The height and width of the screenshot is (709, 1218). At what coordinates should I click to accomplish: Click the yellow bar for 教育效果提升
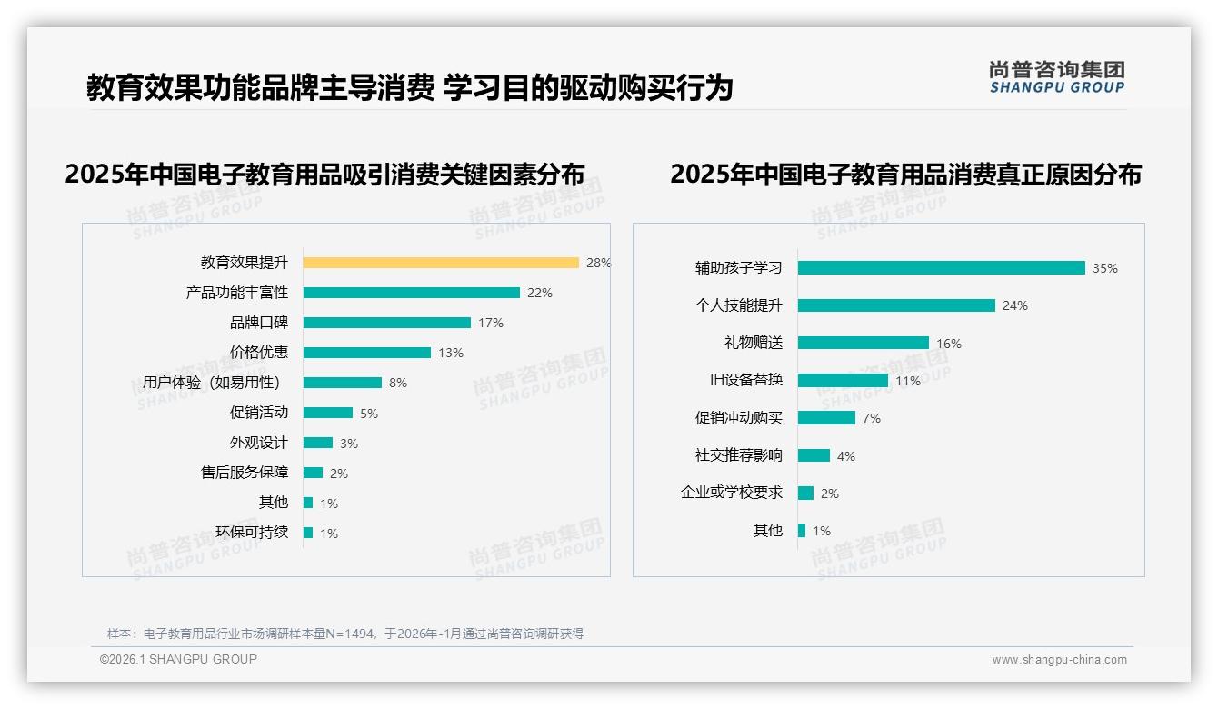(441, 263)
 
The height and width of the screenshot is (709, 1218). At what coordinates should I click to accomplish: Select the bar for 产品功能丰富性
(411, 293)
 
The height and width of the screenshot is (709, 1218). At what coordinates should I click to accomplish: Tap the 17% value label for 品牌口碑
(490, 323)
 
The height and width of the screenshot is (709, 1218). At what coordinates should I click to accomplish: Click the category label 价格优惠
(258, 353)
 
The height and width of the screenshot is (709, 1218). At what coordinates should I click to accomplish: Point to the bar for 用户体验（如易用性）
(342, 383)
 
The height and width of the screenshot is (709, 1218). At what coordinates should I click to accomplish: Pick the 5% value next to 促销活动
(368, 414)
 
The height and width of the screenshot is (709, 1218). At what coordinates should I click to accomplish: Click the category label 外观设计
(258, 443)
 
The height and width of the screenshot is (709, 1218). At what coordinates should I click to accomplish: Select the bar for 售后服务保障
(313, 473)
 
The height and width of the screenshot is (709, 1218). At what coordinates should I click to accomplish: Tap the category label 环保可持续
(251, 533)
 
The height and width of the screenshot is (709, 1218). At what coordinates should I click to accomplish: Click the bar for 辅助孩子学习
(941, 268)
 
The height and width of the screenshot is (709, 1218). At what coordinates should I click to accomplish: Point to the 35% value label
(1104, 269)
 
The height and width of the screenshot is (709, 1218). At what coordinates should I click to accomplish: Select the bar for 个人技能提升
(896, 305)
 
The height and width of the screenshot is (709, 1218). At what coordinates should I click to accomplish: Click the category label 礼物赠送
(753, 343)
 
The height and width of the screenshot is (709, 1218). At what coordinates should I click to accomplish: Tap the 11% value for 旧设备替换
(907, 381)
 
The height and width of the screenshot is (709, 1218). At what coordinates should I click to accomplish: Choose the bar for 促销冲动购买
(826, 418)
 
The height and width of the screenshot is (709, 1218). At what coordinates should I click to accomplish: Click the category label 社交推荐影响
(738, 455)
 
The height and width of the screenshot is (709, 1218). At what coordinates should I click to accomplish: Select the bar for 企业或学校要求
(805, 493)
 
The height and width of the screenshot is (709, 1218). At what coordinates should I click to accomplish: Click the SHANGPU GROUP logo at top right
(1056, 77)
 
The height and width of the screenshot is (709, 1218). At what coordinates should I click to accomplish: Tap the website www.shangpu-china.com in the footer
(1059, 660)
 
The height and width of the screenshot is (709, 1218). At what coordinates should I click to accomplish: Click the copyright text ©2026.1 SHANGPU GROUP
(178, 659)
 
